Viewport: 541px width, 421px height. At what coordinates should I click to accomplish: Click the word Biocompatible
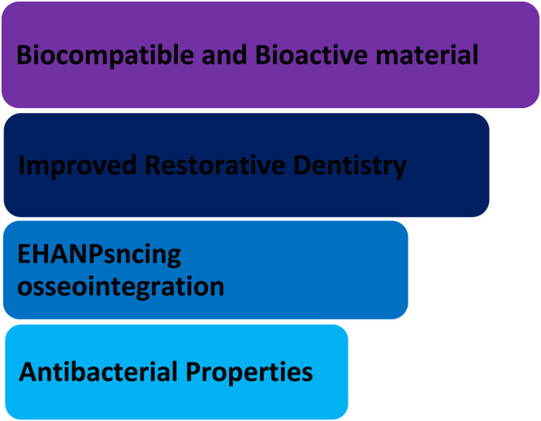click(x=106, y=55)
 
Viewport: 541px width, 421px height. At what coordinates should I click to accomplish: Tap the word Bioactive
click(x=312, y=54)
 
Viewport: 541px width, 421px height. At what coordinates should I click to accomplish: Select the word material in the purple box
click(x=426, y=54)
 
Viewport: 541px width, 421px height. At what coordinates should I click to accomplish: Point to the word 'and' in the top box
click(x=224, y=54)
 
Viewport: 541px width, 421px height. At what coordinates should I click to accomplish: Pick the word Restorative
click(x=215, y=165)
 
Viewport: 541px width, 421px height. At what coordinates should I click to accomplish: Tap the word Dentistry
click(x=350, y=167)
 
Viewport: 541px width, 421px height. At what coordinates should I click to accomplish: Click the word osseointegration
click(x=121, y=287)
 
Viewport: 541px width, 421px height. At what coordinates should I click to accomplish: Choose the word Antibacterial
click(x=98, y=371)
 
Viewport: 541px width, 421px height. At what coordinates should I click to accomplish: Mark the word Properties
click(x=249, y=373)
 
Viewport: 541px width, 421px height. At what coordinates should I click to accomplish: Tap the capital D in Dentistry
click(x=302, y=166)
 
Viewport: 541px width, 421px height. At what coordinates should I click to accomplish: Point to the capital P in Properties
click(x=193, y=371)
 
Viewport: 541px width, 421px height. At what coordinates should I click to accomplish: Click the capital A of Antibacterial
click(x=28, y=371)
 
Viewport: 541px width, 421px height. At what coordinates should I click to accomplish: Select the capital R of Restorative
click(x=154, y=166)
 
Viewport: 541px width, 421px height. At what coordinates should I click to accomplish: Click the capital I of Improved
click(x=20, y=166)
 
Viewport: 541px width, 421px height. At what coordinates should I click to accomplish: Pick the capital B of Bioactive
click(x=263, y=55)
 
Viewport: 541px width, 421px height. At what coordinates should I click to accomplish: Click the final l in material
click(x=475, y=54)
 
